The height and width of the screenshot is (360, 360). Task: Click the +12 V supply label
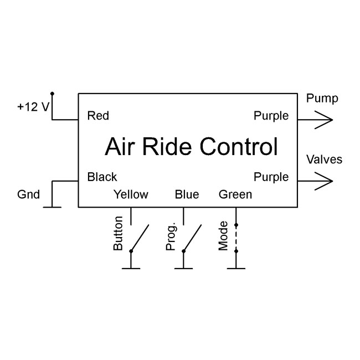(34, 107)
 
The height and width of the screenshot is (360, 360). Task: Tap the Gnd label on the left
(29, 194)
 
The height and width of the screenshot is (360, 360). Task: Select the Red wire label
(98, 116)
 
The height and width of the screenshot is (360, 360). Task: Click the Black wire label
(102, 177)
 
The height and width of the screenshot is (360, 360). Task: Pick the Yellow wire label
(131, 194)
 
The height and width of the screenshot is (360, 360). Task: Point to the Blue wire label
(187, 194)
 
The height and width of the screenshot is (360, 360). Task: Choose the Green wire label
(235, 194)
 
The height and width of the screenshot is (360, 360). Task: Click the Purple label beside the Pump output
(271, 116)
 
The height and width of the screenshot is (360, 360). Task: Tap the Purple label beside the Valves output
(271, 177)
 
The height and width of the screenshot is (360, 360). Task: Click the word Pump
(322, 99)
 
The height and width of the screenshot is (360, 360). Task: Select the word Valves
(324, 160)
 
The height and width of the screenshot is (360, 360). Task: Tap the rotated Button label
(118, 236)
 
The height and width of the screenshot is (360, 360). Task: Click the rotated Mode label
(223, 236)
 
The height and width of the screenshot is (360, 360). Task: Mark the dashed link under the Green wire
(236, 238)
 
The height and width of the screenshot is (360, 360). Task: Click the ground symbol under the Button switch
(131, 269)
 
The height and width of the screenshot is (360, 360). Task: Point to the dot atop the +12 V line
(52, 94)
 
